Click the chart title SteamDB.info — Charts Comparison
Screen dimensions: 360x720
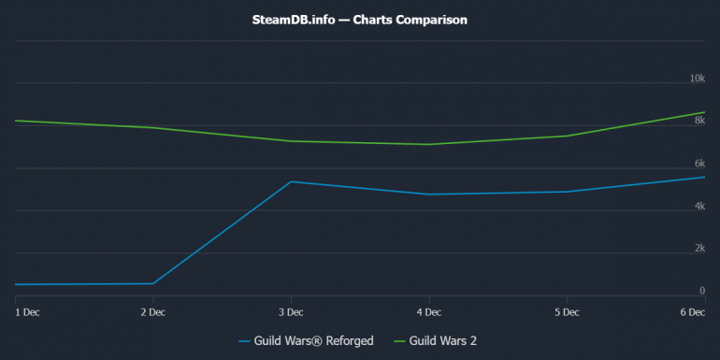click(x=360, y=19)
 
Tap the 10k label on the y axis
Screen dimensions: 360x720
click(x=697, y=79)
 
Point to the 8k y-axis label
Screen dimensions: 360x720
click(x=698, y=121)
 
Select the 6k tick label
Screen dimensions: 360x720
click(x=698, y=164)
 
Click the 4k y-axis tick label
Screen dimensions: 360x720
click(x=698, y=206)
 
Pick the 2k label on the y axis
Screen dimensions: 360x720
click(x=698, y=249)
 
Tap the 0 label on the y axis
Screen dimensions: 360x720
click(x=701, y=291)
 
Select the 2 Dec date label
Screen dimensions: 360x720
click(x=152, y=311)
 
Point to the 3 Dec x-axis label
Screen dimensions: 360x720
click(x=291, y=311)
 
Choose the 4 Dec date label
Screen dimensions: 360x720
click(x=429, y=311)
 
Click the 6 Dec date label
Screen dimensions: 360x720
click(x=691, y=311)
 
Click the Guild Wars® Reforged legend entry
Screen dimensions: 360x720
click(x=307, y=341)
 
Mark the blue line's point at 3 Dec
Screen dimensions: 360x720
click(x=291, y=181)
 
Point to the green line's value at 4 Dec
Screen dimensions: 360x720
click(x=429, y=144)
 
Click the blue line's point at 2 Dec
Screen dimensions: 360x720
click(x=152, y=283)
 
